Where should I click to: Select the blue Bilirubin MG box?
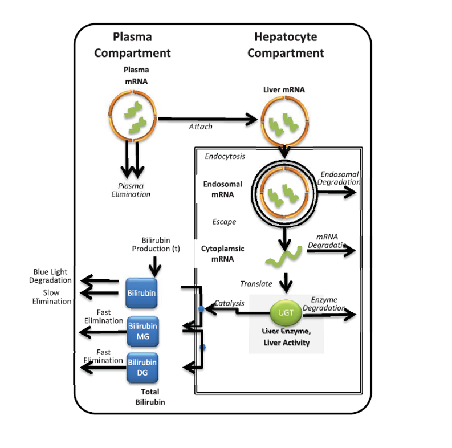pos(142,331)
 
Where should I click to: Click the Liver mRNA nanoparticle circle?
pos(284,121)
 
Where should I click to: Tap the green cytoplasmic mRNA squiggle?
pos(281,258)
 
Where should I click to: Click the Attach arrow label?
pos(201,127)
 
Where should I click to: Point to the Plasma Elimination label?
pos(131,190)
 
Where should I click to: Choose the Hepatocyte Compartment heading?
pos(286,45)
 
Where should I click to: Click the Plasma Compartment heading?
pos(132,45)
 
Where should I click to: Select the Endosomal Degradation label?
pos(339,178)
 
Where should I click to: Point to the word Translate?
pos(256,283)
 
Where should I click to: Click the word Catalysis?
pos(230,303)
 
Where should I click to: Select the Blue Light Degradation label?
pos(52,276)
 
